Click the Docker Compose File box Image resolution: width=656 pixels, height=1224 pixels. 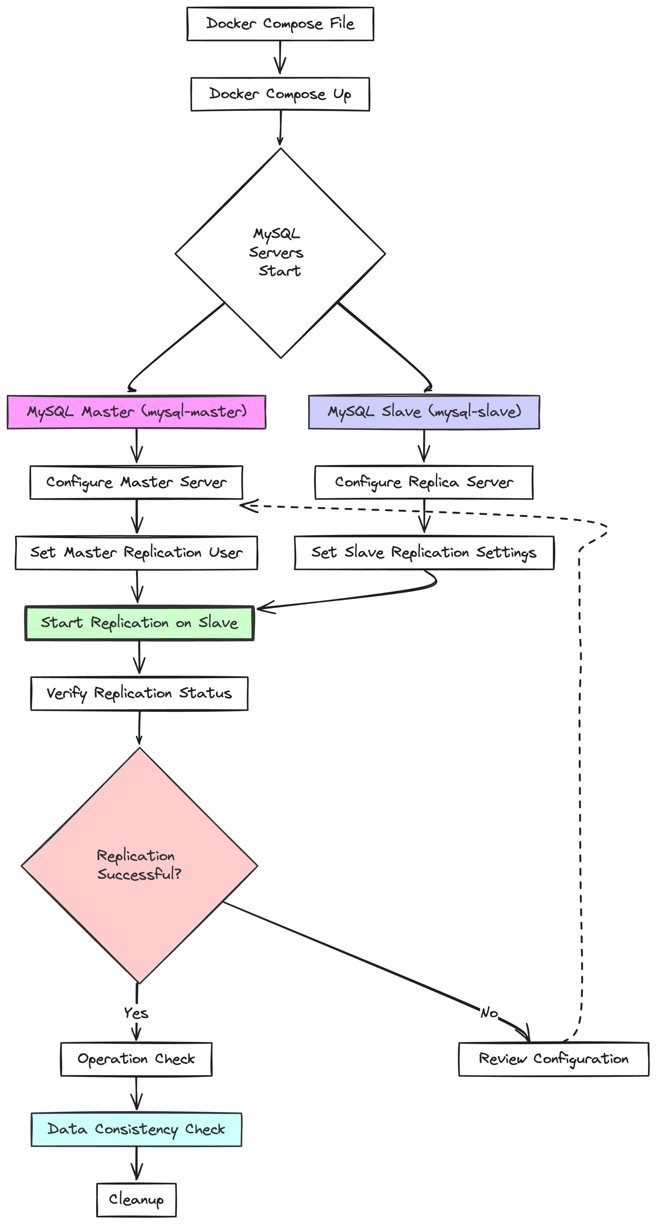coord(280,24)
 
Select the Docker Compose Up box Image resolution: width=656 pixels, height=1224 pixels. coord(280,94)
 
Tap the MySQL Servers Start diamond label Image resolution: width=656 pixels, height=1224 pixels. coord(277,252)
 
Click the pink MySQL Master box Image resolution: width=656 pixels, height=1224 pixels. coord(136,412)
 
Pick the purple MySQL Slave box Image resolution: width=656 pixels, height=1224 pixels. coord(424,412)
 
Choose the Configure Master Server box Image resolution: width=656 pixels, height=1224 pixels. coord(136,482)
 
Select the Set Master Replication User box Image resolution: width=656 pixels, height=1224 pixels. coord(136,552)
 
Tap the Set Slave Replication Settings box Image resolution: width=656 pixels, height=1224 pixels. coord(424,552)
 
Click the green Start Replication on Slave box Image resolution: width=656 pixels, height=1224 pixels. coord(139,623)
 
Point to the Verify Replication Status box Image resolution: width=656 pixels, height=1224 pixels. coord(139,693)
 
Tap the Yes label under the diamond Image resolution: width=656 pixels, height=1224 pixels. coord(136,1013)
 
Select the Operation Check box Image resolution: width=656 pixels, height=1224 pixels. coord(136,1059)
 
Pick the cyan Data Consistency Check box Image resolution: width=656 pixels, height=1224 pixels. coord(136,1129)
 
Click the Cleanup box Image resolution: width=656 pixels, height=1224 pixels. coord(136,1200)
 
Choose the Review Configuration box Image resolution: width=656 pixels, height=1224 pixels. coord(553,1059)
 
